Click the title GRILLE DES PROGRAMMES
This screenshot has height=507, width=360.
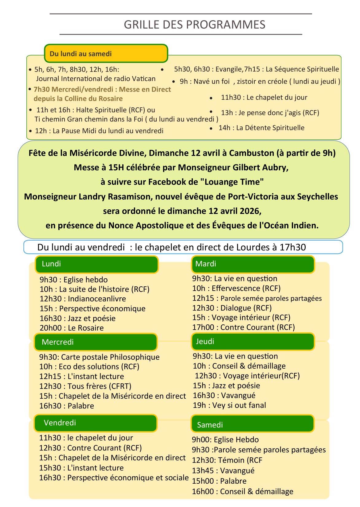(194, 25)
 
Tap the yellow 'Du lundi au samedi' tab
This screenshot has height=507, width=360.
(106, 54)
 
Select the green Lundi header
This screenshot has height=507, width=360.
(96, 264)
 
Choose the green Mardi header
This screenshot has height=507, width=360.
(253, 264)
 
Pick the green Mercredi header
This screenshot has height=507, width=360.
(96, 342)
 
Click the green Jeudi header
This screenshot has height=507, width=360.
(253, 341)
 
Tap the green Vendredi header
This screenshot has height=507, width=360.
(96, 423)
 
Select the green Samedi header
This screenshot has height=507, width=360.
(252, 424)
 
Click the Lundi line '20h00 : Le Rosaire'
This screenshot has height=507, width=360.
(72, 328)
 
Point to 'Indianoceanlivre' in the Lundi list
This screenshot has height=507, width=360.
(97, 299)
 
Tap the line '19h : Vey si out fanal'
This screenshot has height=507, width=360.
(229, 405)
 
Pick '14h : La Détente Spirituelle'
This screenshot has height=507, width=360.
(261, 128)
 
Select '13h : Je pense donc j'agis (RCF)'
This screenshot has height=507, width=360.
(270, 113)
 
